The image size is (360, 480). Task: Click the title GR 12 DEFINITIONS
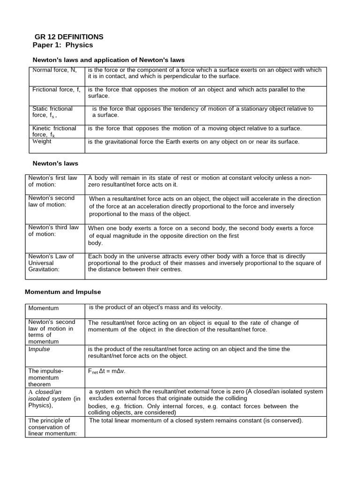click(x=69, y=37)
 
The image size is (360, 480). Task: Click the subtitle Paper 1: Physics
click(x=63, y=45)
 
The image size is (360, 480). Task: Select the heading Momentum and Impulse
click(x=62, y=292)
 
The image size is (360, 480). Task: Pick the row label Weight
click(x=42, y=141)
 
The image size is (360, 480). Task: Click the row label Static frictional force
click(x=52, y=112)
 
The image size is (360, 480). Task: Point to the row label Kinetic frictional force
click(x=54, y=131)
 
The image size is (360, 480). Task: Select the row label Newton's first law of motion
click(x=52, y=181)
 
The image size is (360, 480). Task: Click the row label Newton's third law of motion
click(x=53, y=231)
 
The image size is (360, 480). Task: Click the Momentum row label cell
click(x=44, y=308)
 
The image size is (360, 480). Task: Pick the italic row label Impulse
click(x=39, y=349)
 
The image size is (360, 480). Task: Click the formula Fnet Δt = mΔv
click(x=107, y=371)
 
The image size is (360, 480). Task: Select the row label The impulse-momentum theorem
click(x=46, y=377)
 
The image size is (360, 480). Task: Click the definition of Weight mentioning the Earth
click(x=193, y=142)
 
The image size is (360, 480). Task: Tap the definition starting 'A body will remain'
click(x=200, y=181)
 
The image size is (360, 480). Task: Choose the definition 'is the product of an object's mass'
click(x=155, y=307)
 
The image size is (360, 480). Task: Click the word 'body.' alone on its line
click(x=95, y=243)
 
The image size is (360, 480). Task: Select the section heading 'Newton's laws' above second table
click(x=55, y=164)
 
